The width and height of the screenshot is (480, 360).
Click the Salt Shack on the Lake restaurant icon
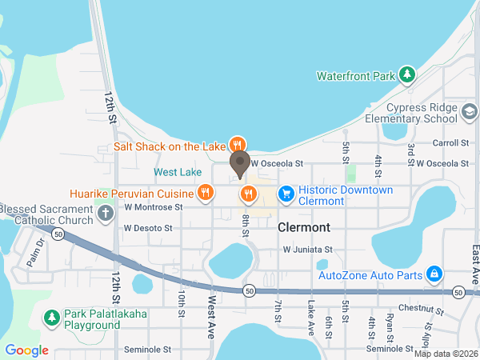click(237, 145)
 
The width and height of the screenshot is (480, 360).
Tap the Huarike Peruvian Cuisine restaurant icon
click(206, 192)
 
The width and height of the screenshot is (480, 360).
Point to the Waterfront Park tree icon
click(407, 75)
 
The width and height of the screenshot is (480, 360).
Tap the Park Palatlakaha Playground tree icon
click(52, 318)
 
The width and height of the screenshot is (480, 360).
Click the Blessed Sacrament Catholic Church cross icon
click(105, 213)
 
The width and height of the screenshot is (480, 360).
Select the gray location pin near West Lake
click(239, 165)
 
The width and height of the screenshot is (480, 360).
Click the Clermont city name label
click(304, 227)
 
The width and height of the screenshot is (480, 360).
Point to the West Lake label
click(178, 172)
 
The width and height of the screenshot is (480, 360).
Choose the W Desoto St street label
click(148, 228)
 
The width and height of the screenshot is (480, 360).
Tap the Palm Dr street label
click(34, 254)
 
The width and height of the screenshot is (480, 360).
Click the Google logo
click(26, 350)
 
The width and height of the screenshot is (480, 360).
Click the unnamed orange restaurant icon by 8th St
click(248, 193)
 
